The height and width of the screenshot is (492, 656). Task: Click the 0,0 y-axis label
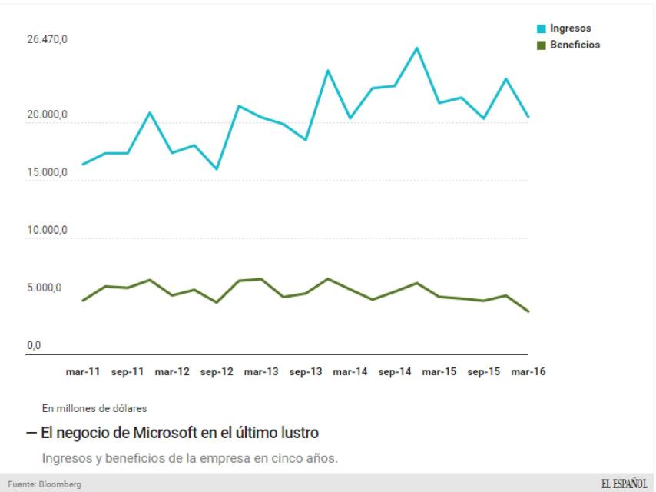click(35, 346)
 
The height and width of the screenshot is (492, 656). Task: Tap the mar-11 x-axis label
click(83, 371)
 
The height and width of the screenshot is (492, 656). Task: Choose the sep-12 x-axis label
click(217, 371)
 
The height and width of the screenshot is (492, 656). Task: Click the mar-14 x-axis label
click(350, 371)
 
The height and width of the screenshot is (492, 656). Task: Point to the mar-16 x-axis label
click(528, 371)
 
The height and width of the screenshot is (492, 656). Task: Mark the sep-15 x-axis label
click(484, 371)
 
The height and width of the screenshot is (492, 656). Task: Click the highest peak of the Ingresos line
click(416, 48)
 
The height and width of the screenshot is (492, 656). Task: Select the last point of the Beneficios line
click(528, 311)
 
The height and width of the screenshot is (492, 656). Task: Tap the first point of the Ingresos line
click(83, 165)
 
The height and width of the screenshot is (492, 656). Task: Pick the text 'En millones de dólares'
click(94, 408)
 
